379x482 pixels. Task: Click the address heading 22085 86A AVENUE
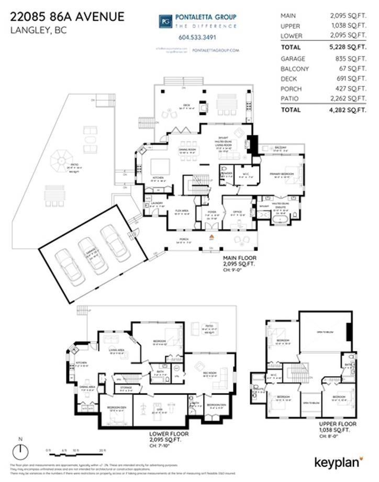(x=68, y=17)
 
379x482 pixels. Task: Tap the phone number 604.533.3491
(x=197, y=37)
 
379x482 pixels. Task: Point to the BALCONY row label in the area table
(x=295, y=69)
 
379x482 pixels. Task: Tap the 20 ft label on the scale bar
(x=103, y=451)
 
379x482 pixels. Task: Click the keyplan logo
(x=338, y=462)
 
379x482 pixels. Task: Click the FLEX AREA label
(x=181, y=212)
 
